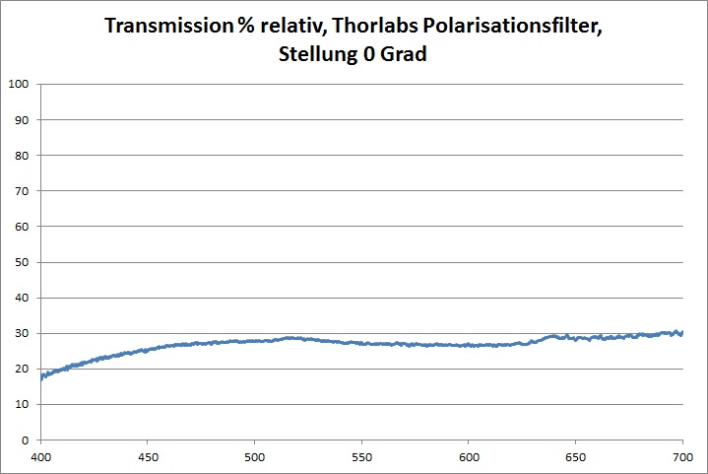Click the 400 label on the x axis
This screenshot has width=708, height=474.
pyautogui.click(x=40, y=457)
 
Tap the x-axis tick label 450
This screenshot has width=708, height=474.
pyautogui.click(x=148, y=457)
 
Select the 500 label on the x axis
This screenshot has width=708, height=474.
pyautogui.click(x=254, y=457)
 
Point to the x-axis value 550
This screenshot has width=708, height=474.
pyautogui.click(x=361, y=457)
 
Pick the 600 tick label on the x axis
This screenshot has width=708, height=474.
pyautogui.click(x=469, y=457)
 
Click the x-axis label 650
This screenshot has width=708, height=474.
pyautogui.click(x=575, y=457)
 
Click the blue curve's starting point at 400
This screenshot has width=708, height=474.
pyautogui.click(x=41, y=375)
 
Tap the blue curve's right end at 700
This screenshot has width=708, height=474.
pyautogui.click(x=681, y=333)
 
